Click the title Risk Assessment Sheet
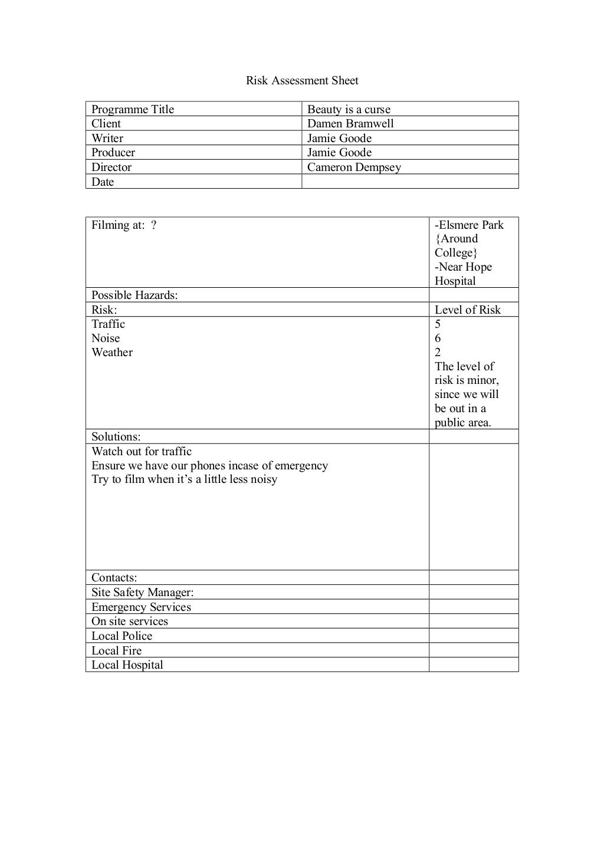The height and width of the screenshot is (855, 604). click(302, 81)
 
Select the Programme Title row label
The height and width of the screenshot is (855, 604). click(133, 109)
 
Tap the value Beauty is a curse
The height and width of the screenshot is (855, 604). click(349, 109)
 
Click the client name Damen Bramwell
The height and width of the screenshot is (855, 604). click(350, 123)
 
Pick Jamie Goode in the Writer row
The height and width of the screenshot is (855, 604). click(339, 138)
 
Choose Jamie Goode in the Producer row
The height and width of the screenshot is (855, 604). click(339, 152)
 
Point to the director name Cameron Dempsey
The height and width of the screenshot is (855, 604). click(354, 167)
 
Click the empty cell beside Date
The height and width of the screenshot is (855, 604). click(409, 182)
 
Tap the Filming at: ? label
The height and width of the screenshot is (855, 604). click(124, 225)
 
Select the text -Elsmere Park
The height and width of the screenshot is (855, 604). click(469, 225)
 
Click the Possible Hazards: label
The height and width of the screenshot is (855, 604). click(134, 295)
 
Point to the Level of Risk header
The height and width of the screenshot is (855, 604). click(467, 310)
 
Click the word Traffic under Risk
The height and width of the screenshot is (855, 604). click(108, 324)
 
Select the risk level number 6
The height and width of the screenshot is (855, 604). click(438, 338)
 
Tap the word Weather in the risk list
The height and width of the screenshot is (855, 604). click(112, 352)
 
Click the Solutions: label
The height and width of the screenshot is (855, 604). click(116, 436)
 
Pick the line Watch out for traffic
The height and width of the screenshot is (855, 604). click(142, 451)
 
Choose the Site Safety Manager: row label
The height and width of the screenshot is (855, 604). click(142, 592)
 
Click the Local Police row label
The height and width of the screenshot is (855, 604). click(122, 636)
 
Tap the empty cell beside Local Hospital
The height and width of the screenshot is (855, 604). click(473, 665)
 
